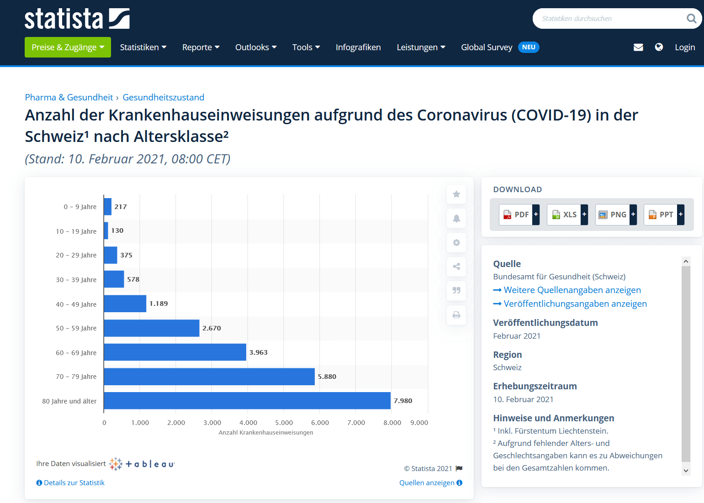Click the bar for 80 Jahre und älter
tap(247, 401)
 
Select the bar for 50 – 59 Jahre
tap(151, 328)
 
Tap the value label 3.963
tap(258, 352)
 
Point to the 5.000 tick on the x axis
tap(284, 423)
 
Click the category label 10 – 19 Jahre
tap(76, 231)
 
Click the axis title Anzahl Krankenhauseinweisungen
tap(265, 433)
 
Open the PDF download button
tap(519, 215)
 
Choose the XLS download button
tap(567, 215)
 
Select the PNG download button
tap(615, 215)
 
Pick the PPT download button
tap(663, 215)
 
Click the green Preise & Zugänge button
tap(68, 47)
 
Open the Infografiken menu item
tap(358, 47)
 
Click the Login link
tap(684, 47)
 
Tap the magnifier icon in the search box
tap(691, 19)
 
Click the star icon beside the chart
tap(456, 194)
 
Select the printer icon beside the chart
tap(456, 315)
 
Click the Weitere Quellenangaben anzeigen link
tap(572, 290)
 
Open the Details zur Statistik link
tap(74, 483)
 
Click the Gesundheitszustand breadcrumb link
tap(163, 97)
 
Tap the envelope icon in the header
tap(638, 47)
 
